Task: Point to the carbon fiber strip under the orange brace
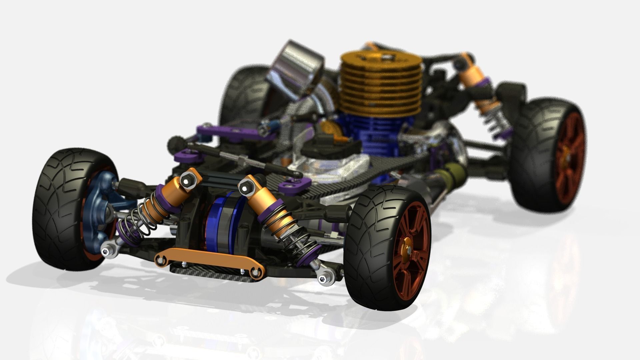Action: click(x=213, y=272)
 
